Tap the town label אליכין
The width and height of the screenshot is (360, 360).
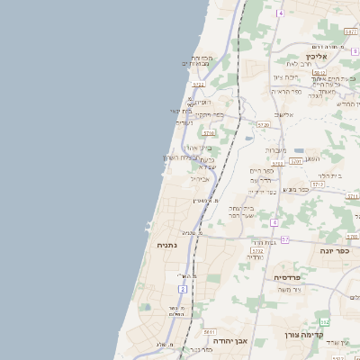pyautogui.click(x=326, y=56)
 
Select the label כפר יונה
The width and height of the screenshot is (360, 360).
pyautogui.click(x=332, y=250)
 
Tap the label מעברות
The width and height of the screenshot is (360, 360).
pyautogui.click(x=275, y=149)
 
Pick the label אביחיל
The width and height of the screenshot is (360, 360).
pyautogui.click(x=201, y=178)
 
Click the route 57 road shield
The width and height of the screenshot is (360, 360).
pyautogui.click(x=285, y=239)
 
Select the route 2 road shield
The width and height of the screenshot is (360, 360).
pyautogui.click(x=183, y=289)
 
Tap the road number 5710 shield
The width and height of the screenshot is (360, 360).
pyautogui.click(x=209, y=132)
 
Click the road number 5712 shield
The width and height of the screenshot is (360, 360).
pyautogui.click(x=318, y=183)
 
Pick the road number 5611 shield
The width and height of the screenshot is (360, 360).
pyautogui.click(x=209, y=332)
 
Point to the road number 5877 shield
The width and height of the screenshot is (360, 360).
pyautogui.click(x=351, y=31)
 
